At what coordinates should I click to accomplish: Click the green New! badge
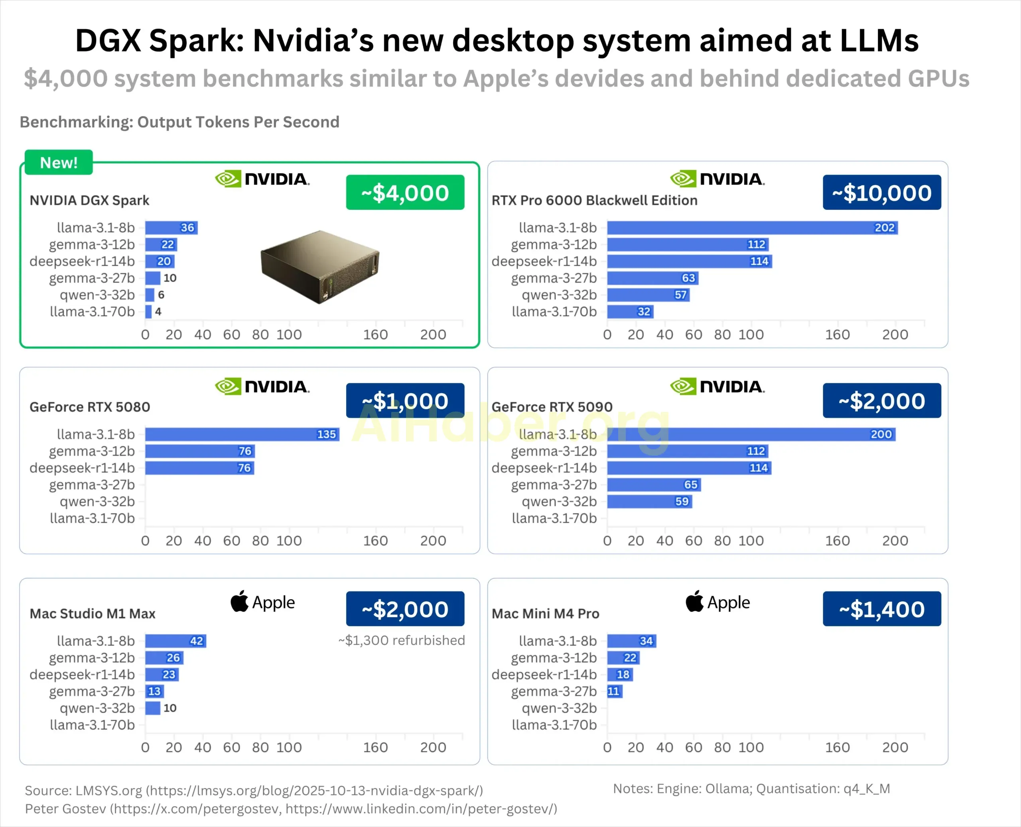[x=59, y=162]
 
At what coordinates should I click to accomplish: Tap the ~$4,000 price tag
[x=405, y=193]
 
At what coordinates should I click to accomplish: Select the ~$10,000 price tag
[x=881, y=193]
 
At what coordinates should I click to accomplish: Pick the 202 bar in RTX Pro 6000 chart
[x=752, y=228]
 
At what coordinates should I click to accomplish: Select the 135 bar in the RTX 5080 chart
[x=242, y=434]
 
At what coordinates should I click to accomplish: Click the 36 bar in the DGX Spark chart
[x=171, y=228]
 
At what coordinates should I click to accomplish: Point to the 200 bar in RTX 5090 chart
[x=751, y=434]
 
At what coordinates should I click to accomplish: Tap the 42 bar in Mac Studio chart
[x=175, y=641]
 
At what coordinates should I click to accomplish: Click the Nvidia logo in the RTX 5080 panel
[x=262, y=386]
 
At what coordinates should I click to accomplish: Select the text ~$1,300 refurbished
[x=401, y=640]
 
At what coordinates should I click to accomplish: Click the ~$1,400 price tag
[x=881, y=609]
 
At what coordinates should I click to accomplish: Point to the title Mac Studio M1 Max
[x=93, y=614]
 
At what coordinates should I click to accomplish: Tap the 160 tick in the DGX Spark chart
[x=375, y=335]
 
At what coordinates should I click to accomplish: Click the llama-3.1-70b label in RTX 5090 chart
[x=554, y=518]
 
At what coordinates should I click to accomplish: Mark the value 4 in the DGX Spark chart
[x=158, y=311]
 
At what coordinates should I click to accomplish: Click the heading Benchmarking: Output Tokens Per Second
[x=179, y=122]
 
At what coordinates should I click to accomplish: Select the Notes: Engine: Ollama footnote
[x=751, y=788]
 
